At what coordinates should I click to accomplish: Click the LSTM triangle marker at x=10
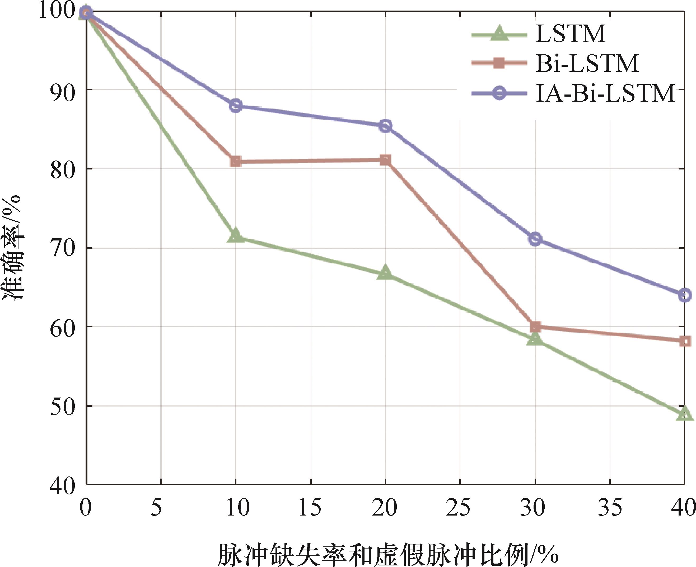[x=236, y=236]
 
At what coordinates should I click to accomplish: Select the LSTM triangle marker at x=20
[x=385, y=273]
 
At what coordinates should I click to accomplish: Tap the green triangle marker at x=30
[x=535, y=339]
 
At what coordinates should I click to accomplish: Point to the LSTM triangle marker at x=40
[x=685, y=414]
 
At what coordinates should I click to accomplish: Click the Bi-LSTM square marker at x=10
[x=236, y=161]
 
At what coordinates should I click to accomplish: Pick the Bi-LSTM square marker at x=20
[x=385, y=160]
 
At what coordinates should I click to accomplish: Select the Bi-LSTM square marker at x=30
[x=535, y=326]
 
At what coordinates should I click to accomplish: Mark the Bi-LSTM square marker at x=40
[x=685, y=341]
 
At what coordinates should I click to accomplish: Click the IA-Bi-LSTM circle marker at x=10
[x=236, y=106]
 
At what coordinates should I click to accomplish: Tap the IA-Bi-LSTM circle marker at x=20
[x=385, y=126]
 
